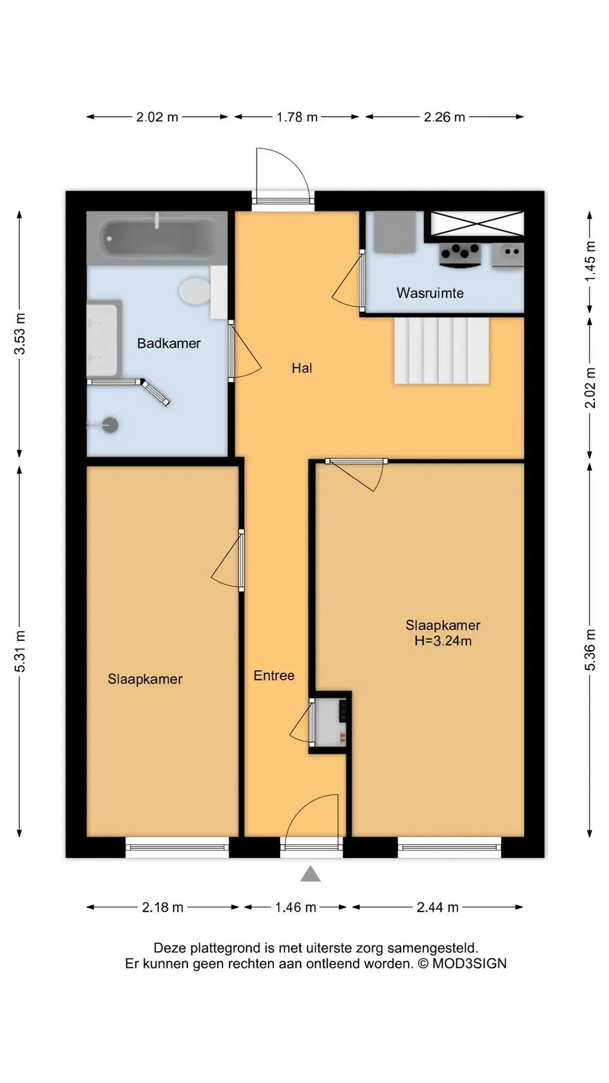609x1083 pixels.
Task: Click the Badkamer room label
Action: click(x=169, y=343)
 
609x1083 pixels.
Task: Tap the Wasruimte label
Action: click(x=430, y=293)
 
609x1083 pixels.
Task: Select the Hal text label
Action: click(x=302, y=368)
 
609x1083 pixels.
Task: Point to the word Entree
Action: click(x=274, y=675)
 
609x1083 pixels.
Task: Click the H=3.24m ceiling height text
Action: click(x=443, y=641)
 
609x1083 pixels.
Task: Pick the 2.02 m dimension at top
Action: click(x=157, y=117)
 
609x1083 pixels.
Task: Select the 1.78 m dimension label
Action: click(x=297, y=117)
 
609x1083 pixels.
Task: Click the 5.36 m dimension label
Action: click(x=590, y=650)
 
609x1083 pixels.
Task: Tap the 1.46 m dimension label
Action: click(x=295, y=907)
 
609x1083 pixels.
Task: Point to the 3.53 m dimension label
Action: click(x=20, y=333)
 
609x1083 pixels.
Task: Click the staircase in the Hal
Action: click(x=442, y=350)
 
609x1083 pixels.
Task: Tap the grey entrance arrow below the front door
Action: click(x=310, y=874)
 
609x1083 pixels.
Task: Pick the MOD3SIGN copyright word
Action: click(x=469, y=963)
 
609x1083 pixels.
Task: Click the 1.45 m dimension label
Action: click(x=590, y=261)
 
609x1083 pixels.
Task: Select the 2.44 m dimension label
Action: click(x=438, y=907)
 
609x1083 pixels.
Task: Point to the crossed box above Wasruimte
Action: click(x=477, y=223)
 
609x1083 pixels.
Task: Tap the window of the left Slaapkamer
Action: click(x=177, y=847)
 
